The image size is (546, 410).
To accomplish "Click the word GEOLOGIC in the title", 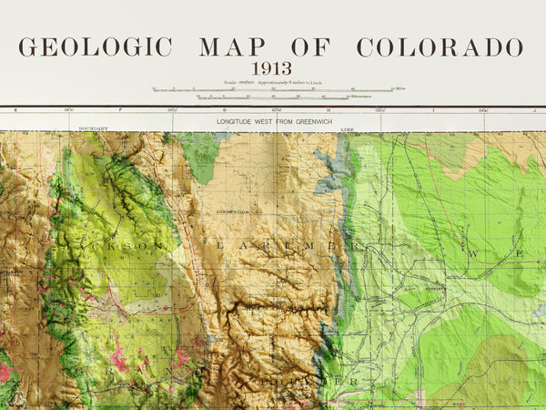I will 96,47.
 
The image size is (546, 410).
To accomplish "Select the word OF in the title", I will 310,47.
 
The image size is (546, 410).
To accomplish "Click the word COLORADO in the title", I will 440,47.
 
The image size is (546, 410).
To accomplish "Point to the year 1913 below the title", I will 271,68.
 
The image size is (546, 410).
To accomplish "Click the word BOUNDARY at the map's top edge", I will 93,129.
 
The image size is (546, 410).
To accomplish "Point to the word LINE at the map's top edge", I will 347,129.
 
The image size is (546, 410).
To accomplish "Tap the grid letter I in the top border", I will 434,110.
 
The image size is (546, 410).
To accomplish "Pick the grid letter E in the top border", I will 15,110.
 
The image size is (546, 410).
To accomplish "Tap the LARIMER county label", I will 273,245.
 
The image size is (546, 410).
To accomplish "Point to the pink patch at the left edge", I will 5,373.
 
